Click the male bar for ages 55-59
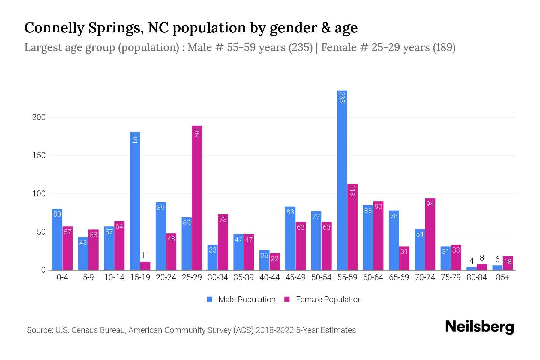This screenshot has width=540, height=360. point(342,180)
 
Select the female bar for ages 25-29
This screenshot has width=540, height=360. point(197,198)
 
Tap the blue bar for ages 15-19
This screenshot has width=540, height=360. point(135,201)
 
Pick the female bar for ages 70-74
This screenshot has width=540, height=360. point(430,234)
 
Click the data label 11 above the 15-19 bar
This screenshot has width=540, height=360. point(145,256)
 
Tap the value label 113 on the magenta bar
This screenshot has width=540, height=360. point(352,190)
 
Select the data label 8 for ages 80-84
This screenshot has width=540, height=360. point(482,258)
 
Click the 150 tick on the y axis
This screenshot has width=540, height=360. point(39,155)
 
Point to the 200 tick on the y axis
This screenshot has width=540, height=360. point(39,117)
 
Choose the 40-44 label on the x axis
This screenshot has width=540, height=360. point(269,277)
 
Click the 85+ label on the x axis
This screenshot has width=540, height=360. point(502,277)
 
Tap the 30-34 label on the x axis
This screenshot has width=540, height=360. point(217,277)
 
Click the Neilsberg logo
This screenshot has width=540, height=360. point(479,327)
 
